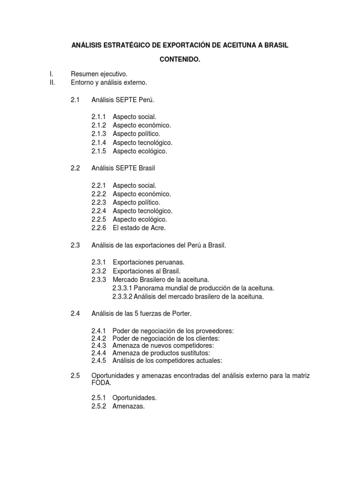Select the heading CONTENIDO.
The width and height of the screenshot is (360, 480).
point(180,60)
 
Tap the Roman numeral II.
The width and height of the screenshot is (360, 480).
point(52,82)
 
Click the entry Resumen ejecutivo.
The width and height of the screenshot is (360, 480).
point(99,74)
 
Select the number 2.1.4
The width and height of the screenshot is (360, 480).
point(98,142)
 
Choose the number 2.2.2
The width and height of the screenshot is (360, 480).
point(98,194)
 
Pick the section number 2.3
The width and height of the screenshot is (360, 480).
point(75,245)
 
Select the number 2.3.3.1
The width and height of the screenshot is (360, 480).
point(123,288)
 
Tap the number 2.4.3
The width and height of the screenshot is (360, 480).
point(98,345)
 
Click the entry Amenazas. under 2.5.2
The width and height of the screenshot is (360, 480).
point(128,406)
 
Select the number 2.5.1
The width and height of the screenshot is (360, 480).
point(98,397)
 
